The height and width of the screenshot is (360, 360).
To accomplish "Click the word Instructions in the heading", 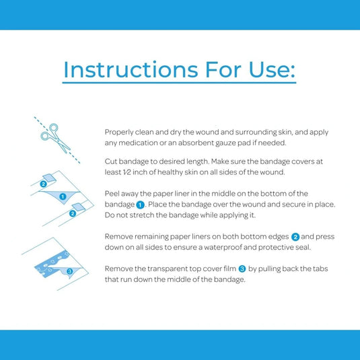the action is click(x=131, y=69).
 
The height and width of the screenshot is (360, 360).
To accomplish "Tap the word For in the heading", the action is click(x=223, y=69).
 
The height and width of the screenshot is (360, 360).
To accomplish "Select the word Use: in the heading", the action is click(x=272, y=69).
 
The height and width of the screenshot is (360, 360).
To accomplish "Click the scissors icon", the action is click(x=55, y=138).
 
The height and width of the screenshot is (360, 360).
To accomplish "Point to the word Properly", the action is click(x=119, y=133).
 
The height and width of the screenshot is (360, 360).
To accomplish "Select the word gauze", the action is click(x=225, y=143).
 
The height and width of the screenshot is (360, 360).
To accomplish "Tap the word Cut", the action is click(x=110, y=161).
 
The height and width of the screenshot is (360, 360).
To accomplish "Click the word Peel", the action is click(x=112, y=194).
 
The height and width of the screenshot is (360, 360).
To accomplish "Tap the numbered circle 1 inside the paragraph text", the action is click(x=140, y=205).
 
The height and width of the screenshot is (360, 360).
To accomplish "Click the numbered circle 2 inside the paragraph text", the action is click(x=295, y=237).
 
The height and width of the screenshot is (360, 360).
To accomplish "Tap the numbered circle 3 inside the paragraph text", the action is click(x=242, y=269).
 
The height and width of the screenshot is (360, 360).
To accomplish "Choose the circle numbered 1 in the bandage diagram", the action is click(x=63, y=196).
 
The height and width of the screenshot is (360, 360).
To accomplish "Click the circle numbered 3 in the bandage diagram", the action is click(x=69, y=271).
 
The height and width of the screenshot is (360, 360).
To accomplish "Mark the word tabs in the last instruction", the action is click(x=321, y=268).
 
